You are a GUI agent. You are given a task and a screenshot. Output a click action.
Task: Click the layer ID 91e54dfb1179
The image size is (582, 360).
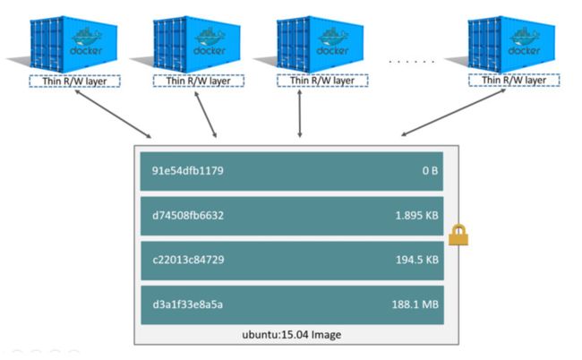[x=188, y=171]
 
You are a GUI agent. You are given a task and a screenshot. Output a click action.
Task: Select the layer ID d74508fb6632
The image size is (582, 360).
[x=188, y=215]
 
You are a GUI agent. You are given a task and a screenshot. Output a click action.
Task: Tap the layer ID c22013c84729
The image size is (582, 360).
[x=188, y=260]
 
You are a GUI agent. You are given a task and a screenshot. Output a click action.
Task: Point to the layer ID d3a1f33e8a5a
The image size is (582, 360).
[x=187, y=304]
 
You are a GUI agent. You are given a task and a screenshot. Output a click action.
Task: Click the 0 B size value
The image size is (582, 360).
[x=430, y=171]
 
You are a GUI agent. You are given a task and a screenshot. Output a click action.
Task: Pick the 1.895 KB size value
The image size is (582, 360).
[x=417, y=215]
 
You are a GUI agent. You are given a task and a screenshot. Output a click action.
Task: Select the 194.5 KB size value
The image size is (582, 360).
[x=417, y=260]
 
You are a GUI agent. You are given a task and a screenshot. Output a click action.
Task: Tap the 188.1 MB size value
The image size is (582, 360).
[x=415, y=304]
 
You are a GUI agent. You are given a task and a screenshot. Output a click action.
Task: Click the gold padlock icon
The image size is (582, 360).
[x=458, y=235]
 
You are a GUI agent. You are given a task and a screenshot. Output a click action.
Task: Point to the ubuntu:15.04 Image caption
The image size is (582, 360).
[x=292, y=335]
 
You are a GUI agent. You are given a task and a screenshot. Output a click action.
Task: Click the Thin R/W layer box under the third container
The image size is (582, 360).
[x=322, y=81]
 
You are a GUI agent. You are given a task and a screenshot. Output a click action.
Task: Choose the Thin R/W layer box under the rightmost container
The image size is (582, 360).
[x=514, y=81]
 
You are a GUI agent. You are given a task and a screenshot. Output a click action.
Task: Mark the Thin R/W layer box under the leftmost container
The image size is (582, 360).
[x=74, y=81]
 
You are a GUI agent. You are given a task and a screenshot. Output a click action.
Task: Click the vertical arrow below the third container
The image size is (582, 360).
[x=300, y=114]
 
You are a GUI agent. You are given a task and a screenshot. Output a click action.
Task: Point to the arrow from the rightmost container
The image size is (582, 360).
[x=453, y=113]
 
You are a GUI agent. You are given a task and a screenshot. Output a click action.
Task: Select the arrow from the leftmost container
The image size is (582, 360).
[x=113, y=114]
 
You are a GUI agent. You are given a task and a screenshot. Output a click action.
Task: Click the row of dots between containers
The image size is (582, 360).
[x=412, y=61]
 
